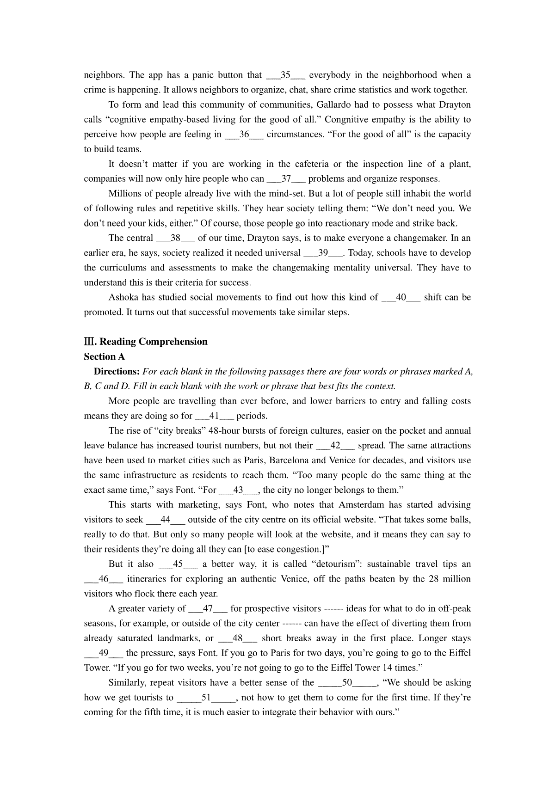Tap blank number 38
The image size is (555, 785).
[x=175, y=238]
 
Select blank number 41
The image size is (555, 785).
[x=214, y=416]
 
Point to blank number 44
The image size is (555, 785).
[x=166, y=520]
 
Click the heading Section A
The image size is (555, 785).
[x=104, y=356]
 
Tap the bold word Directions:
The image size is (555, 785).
[x=117, y=372]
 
